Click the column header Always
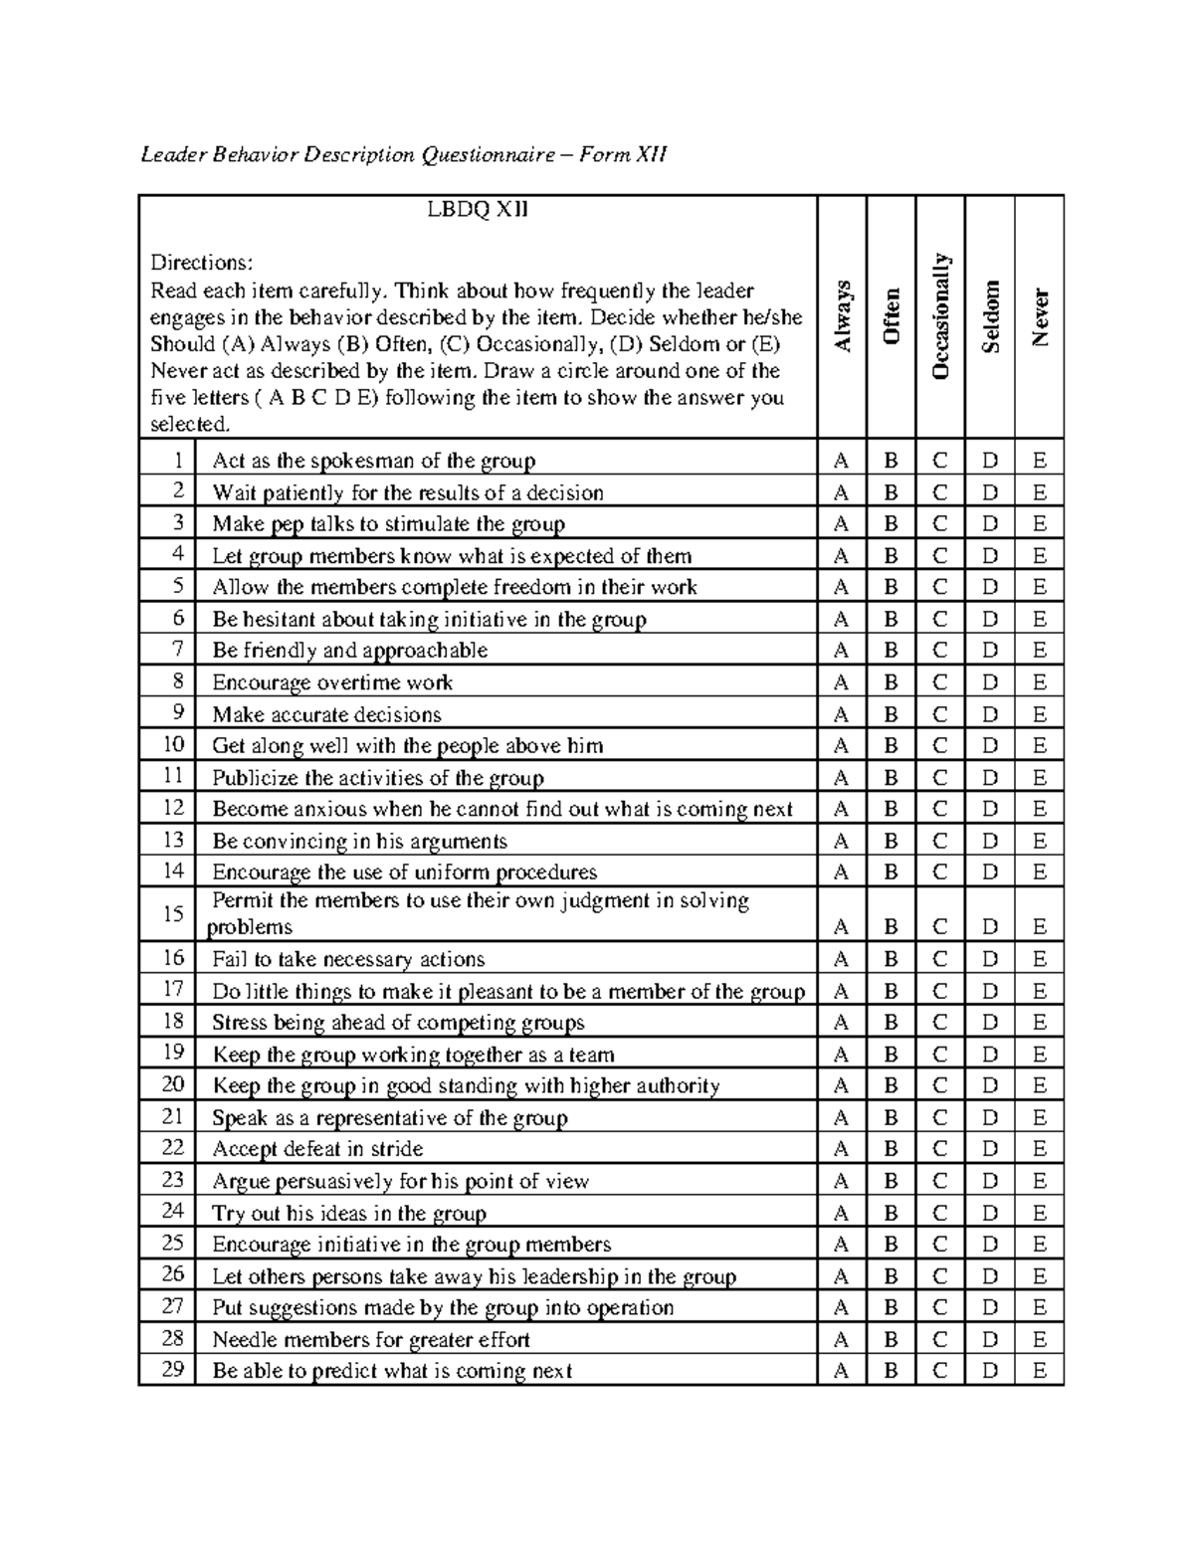pyautogui.click(x=843, y=316)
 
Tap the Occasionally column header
pyautogui.click(x=940, y=316)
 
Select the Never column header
pyautogui.click(x=1040, y=317)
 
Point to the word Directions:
pyautogui.click(x=202, y=264)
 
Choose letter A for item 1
pyautogui.click(x=842, y=461)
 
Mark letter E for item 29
pyautogui.click(x=1040, y=1371)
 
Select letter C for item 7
pyautogui.click(x=940, y=651)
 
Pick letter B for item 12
pyautogui.click(x=892, y=810)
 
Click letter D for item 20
pyautogui.click(x=990, y=1086)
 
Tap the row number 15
pyautogui.click(x=173, y=913)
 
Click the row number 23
pyautogui.click(x=173, y=1180)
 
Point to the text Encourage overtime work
pyautogui.click(x=332, y=682)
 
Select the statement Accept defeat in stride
pyautogui.click(x=317, y=1149)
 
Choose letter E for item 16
pyautogui.click(x=1040, y=960)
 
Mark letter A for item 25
pyautogui.click(x=842, y=1245)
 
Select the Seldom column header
pyautogui.click(x=990, y=316)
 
